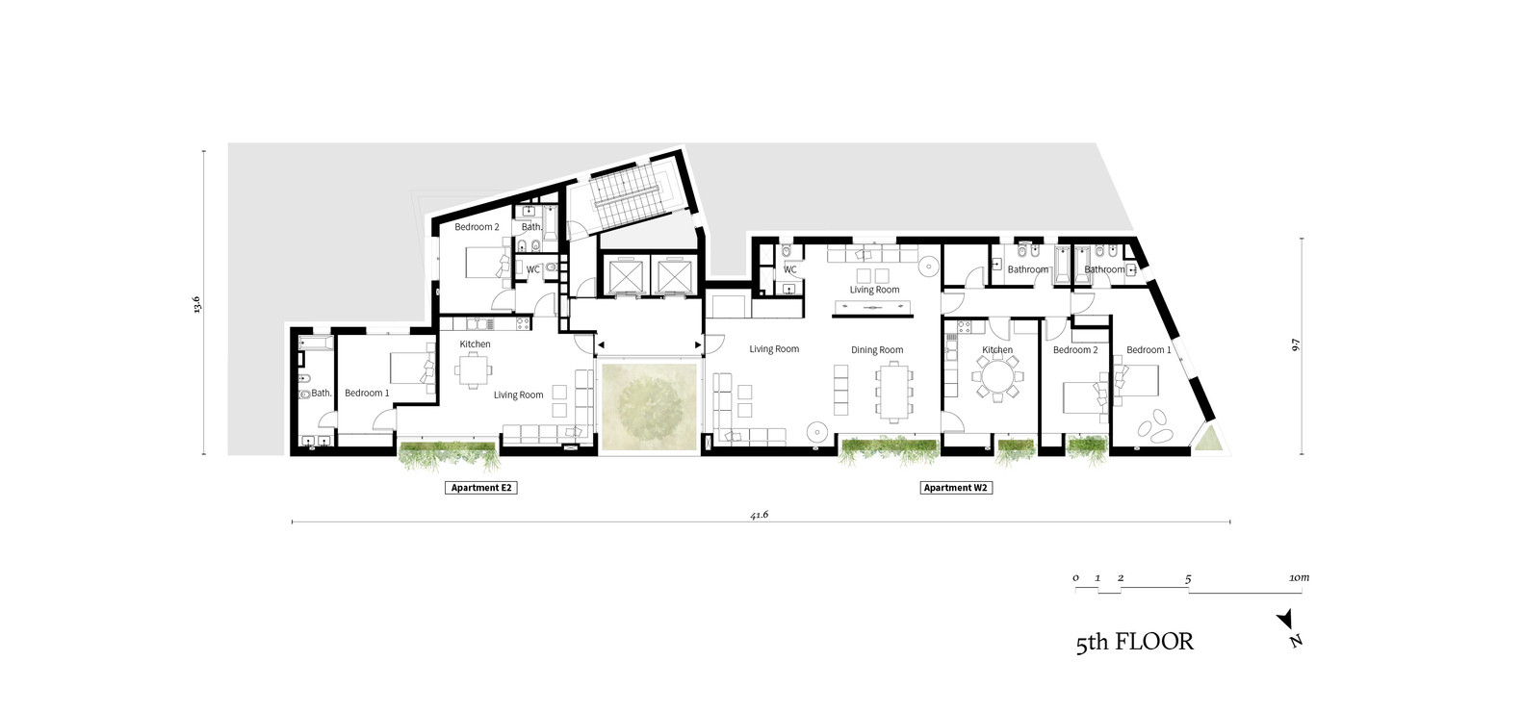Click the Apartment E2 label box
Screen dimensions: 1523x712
480,487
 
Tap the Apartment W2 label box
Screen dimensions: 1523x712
955,487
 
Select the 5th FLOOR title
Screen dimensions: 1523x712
1134,642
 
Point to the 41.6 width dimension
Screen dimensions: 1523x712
759,515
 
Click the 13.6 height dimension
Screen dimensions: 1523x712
196,304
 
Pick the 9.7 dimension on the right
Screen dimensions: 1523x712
1295,344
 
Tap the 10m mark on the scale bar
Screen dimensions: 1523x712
1299,577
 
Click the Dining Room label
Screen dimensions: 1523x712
877,350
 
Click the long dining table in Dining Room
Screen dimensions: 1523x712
893,394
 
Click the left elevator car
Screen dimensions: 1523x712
625,276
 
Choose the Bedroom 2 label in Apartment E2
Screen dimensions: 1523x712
477,227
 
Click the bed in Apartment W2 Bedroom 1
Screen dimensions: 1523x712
1135,381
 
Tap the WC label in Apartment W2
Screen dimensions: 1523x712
790,269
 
